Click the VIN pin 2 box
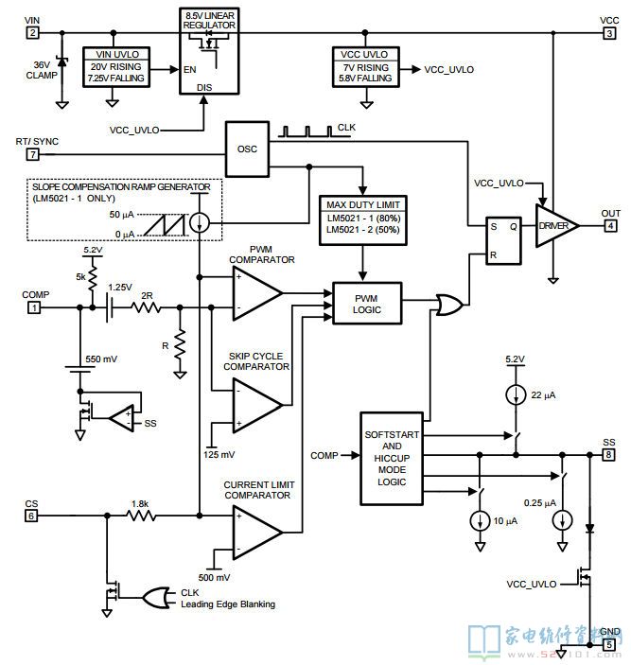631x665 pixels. pyautogui.click(x=32, y=33)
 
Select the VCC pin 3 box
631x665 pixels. pyautogui.click(x=609, y=33)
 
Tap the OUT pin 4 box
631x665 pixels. pyautogui.click(x=610, y=226)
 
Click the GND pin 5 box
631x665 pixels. pyautogui.click(x=609, y=644)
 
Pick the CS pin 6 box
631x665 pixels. pyautogui.click(x=31, y=516)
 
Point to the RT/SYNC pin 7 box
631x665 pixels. pyautogui.click(x=33, y=154)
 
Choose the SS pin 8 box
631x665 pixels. pyautogui.click(x=608, y=455)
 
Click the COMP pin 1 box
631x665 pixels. pyautogui.click(x=34, y=307)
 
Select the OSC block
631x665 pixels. pyautogui.click(x=247, y=149)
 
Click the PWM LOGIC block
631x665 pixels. pyautogui.click(x=367, y=304)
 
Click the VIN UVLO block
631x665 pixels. pyautogui.click(x=116, y=67)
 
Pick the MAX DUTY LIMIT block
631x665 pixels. pyautogui.click(x=363, y=220)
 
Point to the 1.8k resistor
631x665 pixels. pyautogui.click(x=141, y=516)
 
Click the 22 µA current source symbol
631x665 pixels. pyautogui.click(x=516, y=394)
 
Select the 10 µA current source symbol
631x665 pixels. pyautogui.click(x=480, y=520)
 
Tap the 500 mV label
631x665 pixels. pyautogui.click(x=214, y=577)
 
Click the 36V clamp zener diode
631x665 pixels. pyautogui.click(x=62, y=61)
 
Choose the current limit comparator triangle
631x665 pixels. pyautogui.click(x=257, y=533)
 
